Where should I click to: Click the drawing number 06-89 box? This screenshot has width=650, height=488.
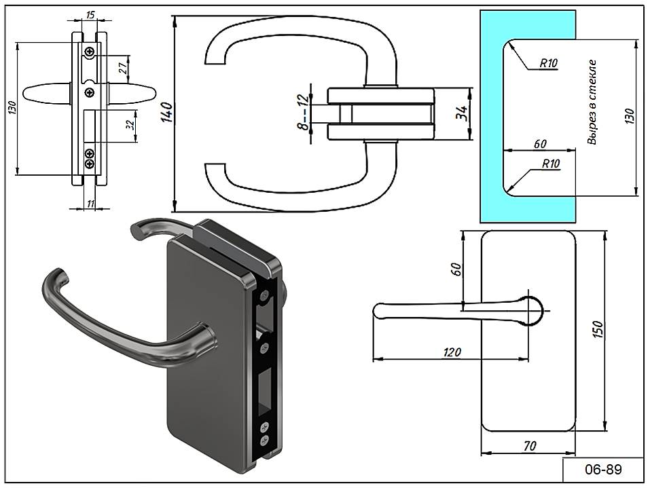point(603,468)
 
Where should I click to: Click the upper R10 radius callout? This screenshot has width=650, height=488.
point(549,63)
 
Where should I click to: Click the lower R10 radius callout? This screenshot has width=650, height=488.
point(550,164)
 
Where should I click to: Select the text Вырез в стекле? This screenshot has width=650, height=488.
point(592,102)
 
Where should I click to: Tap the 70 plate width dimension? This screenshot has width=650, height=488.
point(528,445)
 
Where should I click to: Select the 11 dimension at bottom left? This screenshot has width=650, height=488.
point(90,203)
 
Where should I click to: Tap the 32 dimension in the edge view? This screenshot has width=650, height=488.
point(131,126)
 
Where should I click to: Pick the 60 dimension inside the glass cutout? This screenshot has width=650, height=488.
point(540,144)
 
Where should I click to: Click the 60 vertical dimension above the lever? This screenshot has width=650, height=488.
point(456,269)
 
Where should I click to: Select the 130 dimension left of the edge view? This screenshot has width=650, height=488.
point(12,109)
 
